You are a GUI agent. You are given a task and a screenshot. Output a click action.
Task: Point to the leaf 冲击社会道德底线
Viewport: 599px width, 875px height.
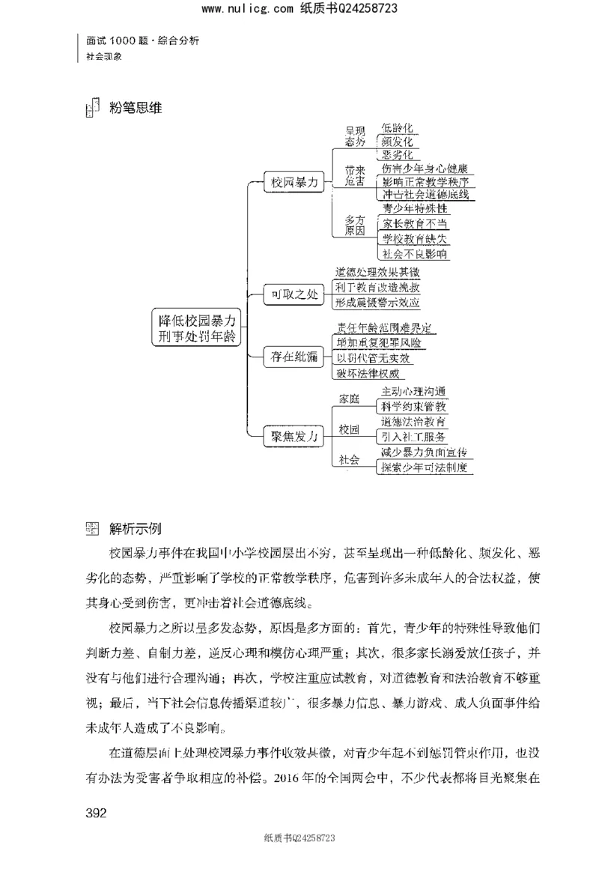tap(425, 195)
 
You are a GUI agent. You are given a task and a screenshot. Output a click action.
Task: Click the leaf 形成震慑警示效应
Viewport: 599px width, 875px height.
tap(377, 303)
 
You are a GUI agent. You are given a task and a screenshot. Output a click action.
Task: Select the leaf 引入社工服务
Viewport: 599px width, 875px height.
tap(413, 436)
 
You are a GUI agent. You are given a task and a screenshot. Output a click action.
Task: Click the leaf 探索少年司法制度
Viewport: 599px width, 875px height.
tap(424, 467)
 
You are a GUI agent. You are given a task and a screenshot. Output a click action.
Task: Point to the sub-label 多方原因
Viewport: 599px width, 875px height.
tap(354, 225)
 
